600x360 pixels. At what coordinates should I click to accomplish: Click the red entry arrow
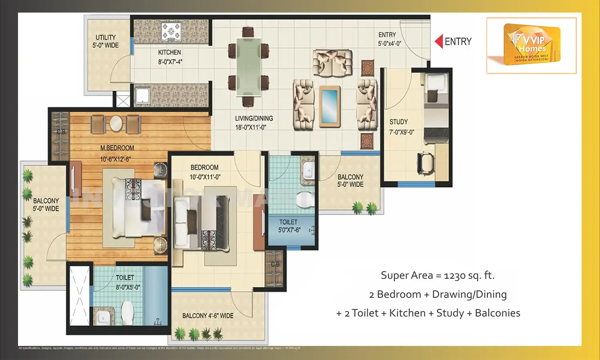point(439,42)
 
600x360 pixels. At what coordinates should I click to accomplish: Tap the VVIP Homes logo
point(532,44)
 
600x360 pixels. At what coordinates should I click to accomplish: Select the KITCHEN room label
point(170,52)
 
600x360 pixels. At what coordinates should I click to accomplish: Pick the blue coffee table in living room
point(330,106)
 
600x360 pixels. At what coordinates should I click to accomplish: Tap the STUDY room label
point(398,122)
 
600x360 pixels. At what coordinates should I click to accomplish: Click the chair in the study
point(426,162)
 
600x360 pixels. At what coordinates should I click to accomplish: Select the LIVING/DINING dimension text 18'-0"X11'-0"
point(250,128)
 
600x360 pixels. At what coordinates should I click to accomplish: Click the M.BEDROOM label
point(117,148)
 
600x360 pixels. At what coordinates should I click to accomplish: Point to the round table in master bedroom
point(116,123)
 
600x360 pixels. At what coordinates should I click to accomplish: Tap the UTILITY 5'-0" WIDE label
point(106,41)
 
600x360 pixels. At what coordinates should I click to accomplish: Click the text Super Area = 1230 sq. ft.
point(438,275)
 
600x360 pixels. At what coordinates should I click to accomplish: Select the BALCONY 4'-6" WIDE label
point(208,316)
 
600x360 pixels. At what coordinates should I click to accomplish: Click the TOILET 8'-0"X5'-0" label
point(126,282)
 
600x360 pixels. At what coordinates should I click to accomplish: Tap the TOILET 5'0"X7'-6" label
point(289,226)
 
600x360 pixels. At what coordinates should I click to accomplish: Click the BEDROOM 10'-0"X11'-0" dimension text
point(205,177)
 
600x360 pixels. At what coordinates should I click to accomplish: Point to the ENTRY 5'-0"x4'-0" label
point(389,39)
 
